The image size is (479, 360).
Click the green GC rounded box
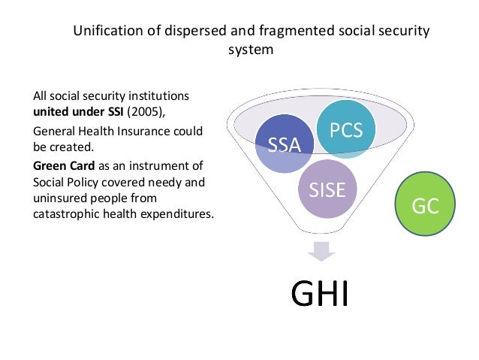426,205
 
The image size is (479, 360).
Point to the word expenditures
176,215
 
